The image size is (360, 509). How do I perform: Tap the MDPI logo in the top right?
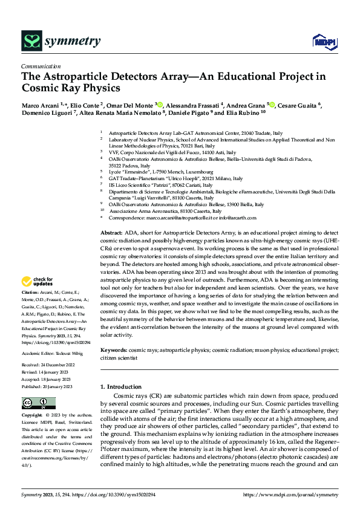coord(322,41)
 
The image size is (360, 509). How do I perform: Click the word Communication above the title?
coord(41,66)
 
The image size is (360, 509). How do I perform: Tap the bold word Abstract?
coord(111,233)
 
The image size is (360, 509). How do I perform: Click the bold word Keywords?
coord(113,349)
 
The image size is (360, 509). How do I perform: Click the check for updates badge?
coord(37,281)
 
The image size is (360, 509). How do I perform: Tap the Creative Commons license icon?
coord(39,403)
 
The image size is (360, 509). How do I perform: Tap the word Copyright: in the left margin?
coord(31,417)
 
